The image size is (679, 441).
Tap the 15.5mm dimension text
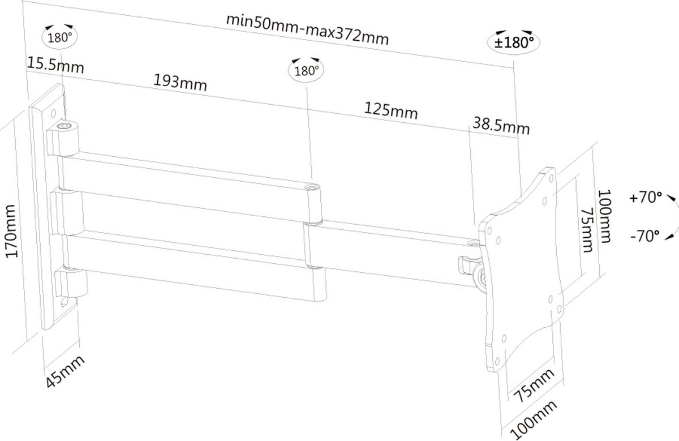tap(55, 65)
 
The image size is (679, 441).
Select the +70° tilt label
tap(645, 198)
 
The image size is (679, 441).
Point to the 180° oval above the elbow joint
tap(304, 70)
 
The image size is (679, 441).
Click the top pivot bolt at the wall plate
tap(67, 126)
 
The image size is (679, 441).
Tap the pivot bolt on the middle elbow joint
tap(311, 186)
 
